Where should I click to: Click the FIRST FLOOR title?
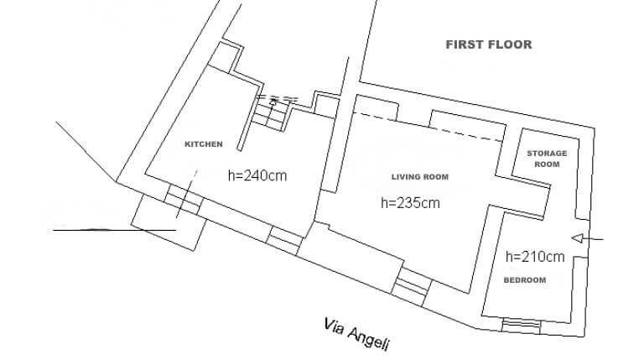point(489,44)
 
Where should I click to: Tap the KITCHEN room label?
point(203,144)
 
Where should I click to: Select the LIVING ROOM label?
point(420,177)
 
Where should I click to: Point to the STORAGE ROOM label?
point(547,159)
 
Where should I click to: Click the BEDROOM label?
point(525,280)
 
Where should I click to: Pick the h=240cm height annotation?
point(257,175)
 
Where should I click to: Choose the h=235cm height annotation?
point(410,202)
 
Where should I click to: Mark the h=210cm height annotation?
point(535,257)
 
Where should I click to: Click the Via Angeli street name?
point(357,334)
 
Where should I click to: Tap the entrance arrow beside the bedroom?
point(587,238)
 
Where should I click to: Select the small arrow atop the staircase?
point(273,102)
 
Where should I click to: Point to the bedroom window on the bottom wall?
point(522,326)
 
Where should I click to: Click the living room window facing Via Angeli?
point(411,287)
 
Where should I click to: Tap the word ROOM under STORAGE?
point(547,164)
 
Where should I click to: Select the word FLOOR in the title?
point(511,44)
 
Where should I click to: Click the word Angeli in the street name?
point(368,338)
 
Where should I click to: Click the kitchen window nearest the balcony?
point(184,199)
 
